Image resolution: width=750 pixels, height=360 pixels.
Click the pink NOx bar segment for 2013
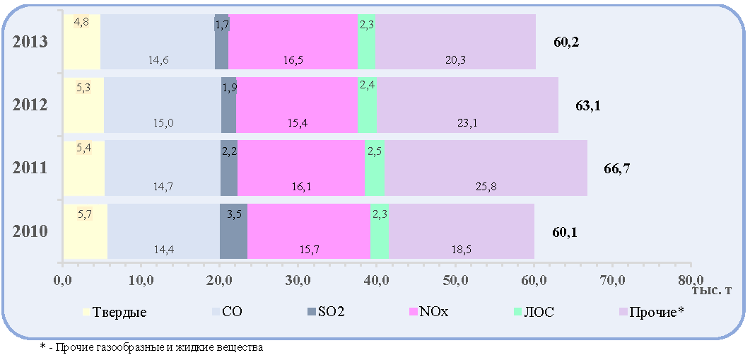pos(293,42)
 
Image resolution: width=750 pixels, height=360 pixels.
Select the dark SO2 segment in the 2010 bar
pos(233,231)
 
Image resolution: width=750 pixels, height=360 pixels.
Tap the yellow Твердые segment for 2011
pos(84,168)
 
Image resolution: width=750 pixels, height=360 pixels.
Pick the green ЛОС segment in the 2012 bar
pos(368,105)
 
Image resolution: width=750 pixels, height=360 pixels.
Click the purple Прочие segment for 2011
pos(486,168)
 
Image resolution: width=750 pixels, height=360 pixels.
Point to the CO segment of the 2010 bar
pos(163,231)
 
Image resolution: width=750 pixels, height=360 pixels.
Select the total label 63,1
pos(587,105)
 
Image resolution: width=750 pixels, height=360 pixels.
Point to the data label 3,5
pos(235,214)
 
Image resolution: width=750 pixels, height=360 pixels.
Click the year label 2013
pos(30,42)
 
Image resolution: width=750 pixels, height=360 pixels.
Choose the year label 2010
pos(30,232)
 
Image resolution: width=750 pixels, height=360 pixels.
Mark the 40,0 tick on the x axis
pos(376,279)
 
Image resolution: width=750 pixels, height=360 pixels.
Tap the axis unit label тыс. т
pos(711,291)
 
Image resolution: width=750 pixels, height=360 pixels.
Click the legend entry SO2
pos(326,312)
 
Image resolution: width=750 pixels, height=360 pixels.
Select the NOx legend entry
pos(429,312)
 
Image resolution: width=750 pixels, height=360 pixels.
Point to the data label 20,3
pos(455,60)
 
